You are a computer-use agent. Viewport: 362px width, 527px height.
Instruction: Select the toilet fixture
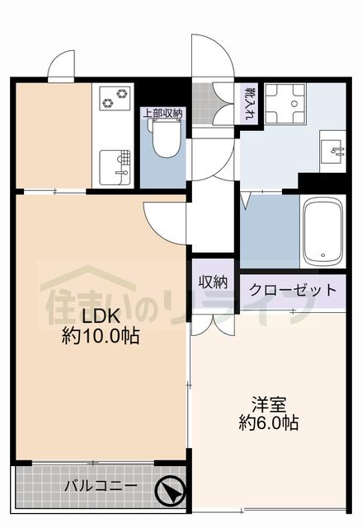164,137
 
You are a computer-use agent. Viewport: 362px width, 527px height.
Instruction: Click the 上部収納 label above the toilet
163,114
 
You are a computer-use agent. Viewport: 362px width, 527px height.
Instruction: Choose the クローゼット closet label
293,290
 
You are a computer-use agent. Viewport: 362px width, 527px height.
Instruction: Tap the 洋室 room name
269,405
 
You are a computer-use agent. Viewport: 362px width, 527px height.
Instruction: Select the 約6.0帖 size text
268,424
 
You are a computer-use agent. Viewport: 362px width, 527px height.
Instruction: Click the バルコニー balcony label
101,486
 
